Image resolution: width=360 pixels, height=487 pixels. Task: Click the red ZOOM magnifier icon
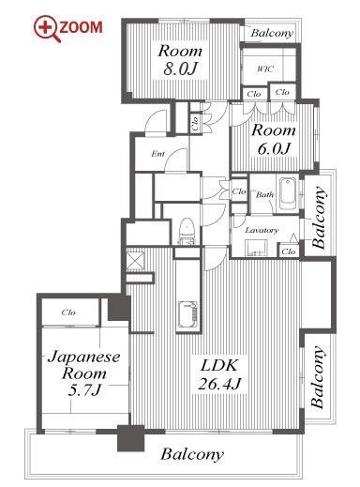coord(47,28)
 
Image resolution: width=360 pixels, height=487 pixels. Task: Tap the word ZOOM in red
coord(81,27)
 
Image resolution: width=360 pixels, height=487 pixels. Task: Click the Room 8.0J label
coord(180,60)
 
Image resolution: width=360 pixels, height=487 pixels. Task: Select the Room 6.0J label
coord(274,139)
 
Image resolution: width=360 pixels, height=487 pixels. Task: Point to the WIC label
coord(265,68)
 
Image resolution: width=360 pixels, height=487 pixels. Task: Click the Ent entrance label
coord(157,154)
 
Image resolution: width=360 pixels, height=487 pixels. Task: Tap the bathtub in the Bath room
coord(288,194)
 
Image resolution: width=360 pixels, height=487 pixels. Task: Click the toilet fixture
coord(187,231)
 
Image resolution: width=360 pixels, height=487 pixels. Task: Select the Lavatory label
coord(262,230)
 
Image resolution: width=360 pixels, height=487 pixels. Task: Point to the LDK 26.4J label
coord(219,374)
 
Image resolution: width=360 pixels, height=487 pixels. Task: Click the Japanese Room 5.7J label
coord(84,373)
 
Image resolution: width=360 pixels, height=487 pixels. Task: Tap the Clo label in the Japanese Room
coord(68,312)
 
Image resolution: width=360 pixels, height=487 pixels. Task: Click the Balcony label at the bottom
coord(192,454)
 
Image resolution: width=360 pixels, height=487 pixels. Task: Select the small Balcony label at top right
coord(272,33)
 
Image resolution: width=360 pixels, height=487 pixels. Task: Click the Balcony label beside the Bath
coord(319,218)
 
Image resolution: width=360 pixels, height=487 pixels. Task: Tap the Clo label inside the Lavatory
coord(288,251)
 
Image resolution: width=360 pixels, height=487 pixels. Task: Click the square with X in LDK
coord(135,260)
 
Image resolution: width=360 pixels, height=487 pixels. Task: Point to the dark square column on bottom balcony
coord(130,438)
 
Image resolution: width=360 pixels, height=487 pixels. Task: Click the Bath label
coord(264,194)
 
